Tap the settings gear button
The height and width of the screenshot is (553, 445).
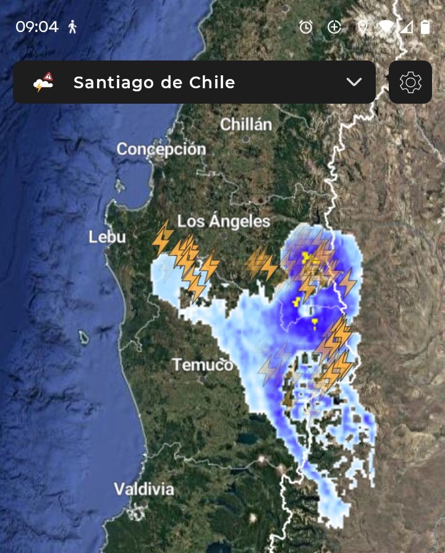click(410, 82)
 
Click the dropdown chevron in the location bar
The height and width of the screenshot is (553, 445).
click(354, 82)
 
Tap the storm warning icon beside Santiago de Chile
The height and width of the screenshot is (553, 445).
click(44, 82)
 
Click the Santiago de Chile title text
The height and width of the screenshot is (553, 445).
click(154, 83)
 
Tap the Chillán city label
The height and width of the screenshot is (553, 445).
click(246, 124)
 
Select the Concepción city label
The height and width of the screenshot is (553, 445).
click(161, 149)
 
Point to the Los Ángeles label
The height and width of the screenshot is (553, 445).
click(224, 222)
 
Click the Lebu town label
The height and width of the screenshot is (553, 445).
click(107, 237)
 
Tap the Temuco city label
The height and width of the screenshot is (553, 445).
click(203, 365)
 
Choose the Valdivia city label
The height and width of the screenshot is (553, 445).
click(144, 489)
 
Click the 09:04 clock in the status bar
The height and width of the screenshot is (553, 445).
click(37, 27)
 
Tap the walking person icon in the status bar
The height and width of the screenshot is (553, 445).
click(72, 27)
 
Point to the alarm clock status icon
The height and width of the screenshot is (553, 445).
click(306, 27)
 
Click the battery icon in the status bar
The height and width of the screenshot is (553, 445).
click(425, 27)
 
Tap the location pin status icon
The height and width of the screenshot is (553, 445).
click(363, 27)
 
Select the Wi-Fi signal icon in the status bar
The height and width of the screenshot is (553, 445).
click(386, 27)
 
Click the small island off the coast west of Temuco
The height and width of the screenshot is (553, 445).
click(83, 336)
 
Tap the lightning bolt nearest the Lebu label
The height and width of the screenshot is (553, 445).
click(163, 238)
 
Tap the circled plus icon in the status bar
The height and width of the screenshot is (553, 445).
click(334, 27)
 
